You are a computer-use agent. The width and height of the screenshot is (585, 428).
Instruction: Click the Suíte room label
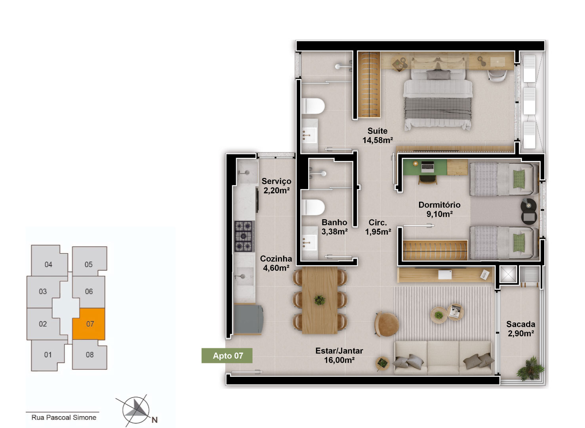377,131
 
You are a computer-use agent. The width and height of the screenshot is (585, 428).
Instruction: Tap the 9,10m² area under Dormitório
440,214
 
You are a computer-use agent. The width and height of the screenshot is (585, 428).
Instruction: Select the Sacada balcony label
521,324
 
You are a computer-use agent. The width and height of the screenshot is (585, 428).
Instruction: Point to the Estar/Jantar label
339,351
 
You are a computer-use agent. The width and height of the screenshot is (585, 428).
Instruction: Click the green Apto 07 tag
227,355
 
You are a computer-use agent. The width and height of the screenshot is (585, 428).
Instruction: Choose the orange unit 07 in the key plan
89,324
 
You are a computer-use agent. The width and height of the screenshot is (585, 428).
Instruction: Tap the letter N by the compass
154,420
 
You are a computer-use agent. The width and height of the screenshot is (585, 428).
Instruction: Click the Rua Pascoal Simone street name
64,418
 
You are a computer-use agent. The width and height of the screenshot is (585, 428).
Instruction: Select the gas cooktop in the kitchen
244,236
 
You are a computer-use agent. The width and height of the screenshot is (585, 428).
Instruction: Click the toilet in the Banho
313,208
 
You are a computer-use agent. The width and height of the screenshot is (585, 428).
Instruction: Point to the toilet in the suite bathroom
313,106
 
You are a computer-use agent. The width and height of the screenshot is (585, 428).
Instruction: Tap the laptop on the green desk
427,167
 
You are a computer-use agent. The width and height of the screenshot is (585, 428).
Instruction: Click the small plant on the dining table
320,300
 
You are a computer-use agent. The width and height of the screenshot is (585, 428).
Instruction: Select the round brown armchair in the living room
386,324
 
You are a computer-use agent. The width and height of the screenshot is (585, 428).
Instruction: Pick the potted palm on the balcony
530,369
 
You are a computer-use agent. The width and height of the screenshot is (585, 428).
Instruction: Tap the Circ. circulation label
377,222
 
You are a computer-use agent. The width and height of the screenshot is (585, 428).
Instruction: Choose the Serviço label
276,182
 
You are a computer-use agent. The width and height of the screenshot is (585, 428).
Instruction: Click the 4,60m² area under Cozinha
276,268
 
